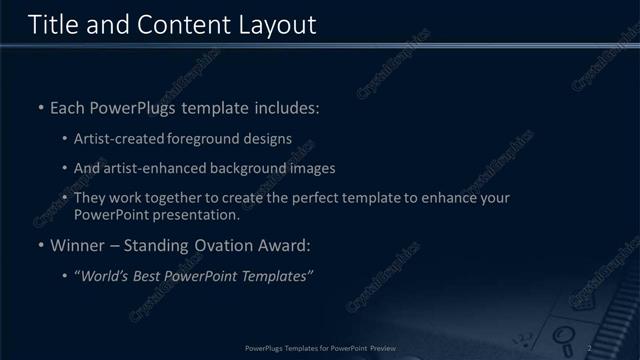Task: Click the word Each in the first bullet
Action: (x=67, y=107)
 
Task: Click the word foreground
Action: (x=203, y=139)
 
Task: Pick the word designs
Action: (x=265, y=139)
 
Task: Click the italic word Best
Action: (x=149, y=276)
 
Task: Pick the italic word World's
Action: (x=105, y=276)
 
